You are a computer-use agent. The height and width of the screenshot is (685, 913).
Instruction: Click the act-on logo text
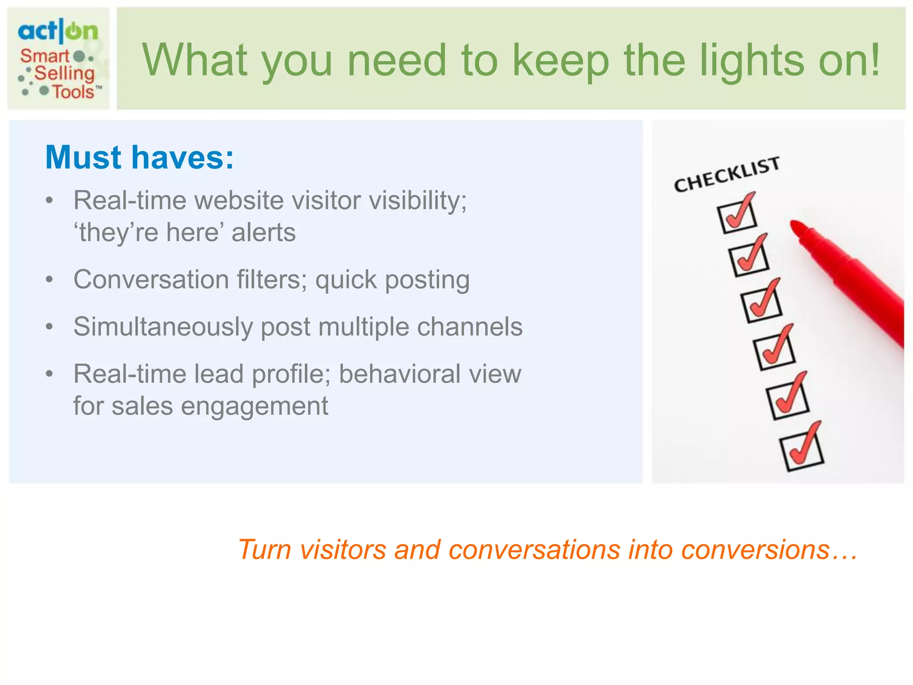[x=58, y=31]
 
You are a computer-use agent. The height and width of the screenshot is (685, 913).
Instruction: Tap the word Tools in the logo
[x=74, y=92]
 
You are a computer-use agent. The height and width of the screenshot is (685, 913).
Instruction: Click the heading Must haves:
[x=140, y=157]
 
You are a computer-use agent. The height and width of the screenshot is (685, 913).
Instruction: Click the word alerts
[x=263, y=232]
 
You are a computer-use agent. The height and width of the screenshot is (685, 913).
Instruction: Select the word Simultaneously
[x=163, y=327]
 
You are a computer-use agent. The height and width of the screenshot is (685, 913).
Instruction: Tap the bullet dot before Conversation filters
[x=49, y=280]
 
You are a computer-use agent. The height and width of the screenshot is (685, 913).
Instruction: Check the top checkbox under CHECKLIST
[x=736, y=217]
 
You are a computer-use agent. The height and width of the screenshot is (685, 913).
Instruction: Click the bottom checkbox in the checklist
[x=801, y=453]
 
